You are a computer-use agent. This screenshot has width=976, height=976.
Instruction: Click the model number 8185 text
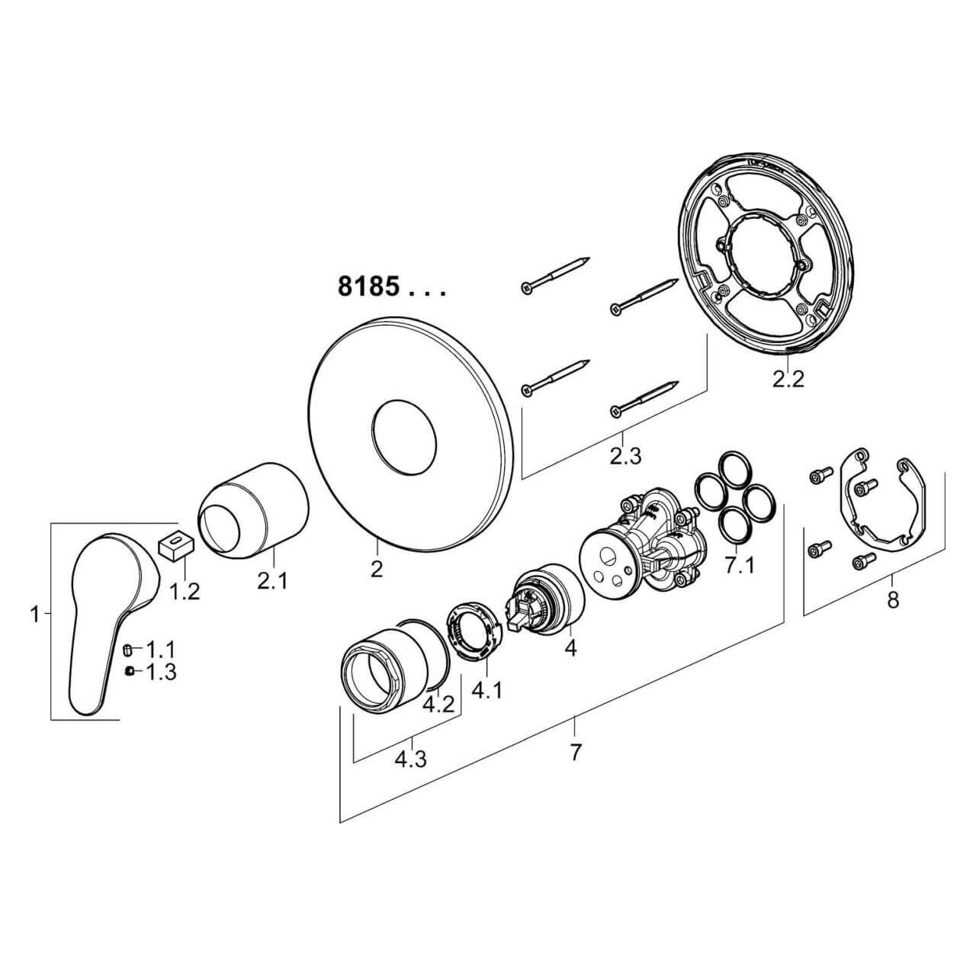368,287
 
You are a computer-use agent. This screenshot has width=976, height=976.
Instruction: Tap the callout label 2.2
788,379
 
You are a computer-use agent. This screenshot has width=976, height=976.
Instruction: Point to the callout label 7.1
739,567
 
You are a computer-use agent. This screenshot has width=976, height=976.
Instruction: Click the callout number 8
892,600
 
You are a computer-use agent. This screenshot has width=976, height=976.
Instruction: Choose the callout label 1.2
184,591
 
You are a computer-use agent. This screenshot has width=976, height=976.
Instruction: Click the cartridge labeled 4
546,599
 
